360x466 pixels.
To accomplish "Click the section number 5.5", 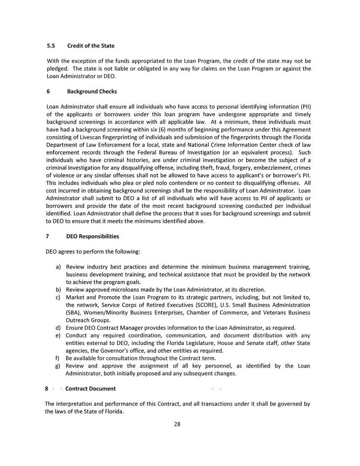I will point(51,46).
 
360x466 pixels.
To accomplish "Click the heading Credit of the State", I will point(91,46).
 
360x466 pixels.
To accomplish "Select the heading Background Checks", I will point(92,91).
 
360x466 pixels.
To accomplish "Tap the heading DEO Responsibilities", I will point(92,236).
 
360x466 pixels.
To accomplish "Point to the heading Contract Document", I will point(91,388).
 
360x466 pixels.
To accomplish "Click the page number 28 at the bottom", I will point(177,424).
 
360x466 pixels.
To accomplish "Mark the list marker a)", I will point(58,266).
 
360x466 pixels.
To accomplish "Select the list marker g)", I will point(58,365).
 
